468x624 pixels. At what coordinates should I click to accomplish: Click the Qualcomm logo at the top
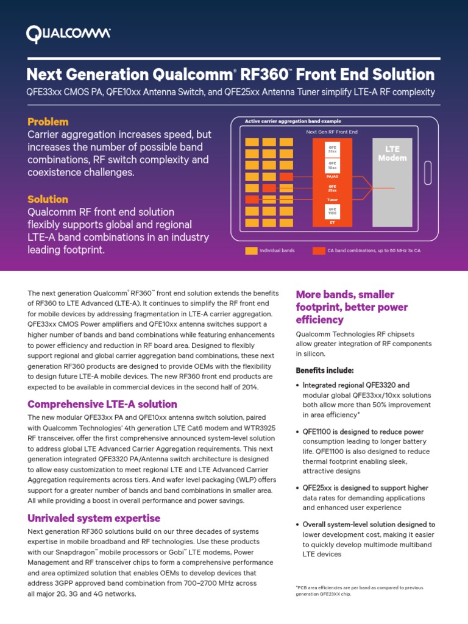[x=68, y=34]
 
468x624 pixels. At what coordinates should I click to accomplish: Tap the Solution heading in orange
[x=48, y=199]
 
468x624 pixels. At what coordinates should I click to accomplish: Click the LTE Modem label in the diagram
[x=392, y=154]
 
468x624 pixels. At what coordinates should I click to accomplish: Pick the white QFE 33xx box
[x=332, y=149]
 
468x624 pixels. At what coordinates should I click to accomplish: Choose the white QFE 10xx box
[x=332, y=165]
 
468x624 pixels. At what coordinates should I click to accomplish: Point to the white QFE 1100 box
[x=332, y=211]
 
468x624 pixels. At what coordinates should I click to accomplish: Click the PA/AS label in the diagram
[x=332, y=177]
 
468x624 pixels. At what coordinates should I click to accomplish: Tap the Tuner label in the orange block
[x=332, y=199]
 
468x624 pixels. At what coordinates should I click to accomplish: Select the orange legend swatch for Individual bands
[x=251, y=250]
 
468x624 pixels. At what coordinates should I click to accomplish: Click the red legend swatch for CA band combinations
[x=319, y=250]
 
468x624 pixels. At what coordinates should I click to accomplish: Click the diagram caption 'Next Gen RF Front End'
[x=331, y=132]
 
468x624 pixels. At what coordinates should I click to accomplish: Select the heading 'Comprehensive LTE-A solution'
[x=102, y=404]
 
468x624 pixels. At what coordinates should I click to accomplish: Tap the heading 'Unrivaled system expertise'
[x=94, y=518]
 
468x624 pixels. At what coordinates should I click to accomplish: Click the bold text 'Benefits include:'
[x=324, y=370]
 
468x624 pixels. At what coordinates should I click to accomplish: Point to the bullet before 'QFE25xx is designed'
[x=297, y=488]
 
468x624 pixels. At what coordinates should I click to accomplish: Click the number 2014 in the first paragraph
[x=250, y=387]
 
